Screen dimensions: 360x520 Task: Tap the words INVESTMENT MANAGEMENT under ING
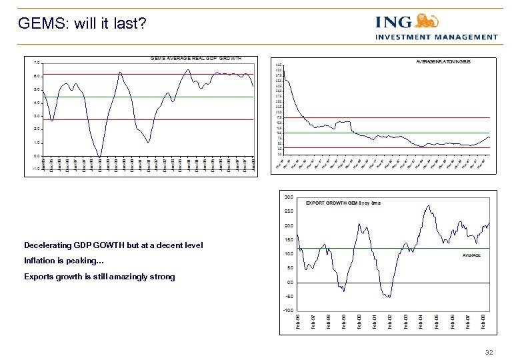click(437, 37)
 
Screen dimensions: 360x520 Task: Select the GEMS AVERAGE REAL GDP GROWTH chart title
click(196, 59)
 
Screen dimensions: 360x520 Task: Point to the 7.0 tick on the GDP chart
click(37, 63)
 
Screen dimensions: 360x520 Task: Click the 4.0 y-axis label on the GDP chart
click(37, 103)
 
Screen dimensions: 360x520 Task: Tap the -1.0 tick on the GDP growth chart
click(36, 169)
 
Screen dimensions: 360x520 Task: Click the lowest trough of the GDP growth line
click(99, 157)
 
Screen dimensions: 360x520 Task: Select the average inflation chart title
click(443, 61)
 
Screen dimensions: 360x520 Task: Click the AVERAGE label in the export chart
click(471, 255)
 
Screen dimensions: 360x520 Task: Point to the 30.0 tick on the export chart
click(288, 197)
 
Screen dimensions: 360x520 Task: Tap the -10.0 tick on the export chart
click(287, 310)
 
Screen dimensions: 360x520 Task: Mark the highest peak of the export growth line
click(427, 207)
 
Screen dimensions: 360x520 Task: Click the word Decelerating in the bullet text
click(46, 245)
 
